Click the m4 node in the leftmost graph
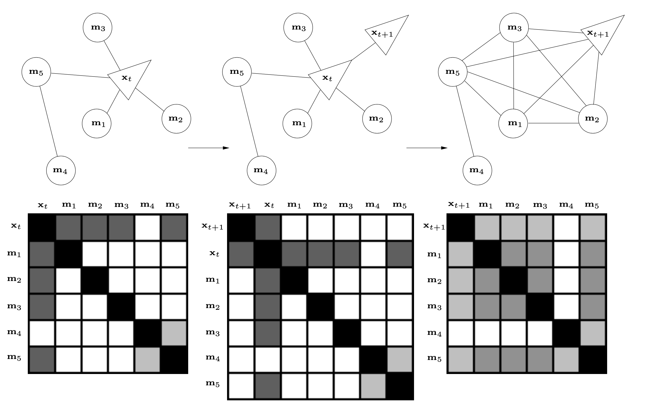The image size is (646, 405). click(61, 170)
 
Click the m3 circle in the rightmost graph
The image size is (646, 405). click(514, 28)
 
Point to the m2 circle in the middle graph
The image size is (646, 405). click(377, 119)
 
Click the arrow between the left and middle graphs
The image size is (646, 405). click(209, 148)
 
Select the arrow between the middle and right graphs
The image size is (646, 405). click(427, 148)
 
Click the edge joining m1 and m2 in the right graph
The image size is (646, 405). click(553, 123)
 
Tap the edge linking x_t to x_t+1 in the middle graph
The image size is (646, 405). click(363, 51)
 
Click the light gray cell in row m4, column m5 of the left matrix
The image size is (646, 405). click(174, 333)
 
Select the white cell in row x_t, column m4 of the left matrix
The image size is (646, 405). click(148, 227)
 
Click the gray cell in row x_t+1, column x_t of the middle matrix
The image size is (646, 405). click(268, 227)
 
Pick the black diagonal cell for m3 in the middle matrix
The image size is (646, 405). click(346, 333)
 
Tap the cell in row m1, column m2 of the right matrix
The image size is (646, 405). click(513, 254)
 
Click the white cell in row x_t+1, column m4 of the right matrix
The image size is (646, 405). click(566, 227)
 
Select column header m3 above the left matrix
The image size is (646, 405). click(121, 205)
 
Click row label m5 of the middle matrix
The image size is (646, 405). click(213, 383)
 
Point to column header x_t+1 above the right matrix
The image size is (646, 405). click(459, 205)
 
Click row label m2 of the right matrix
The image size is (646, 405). click(434, 280)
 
